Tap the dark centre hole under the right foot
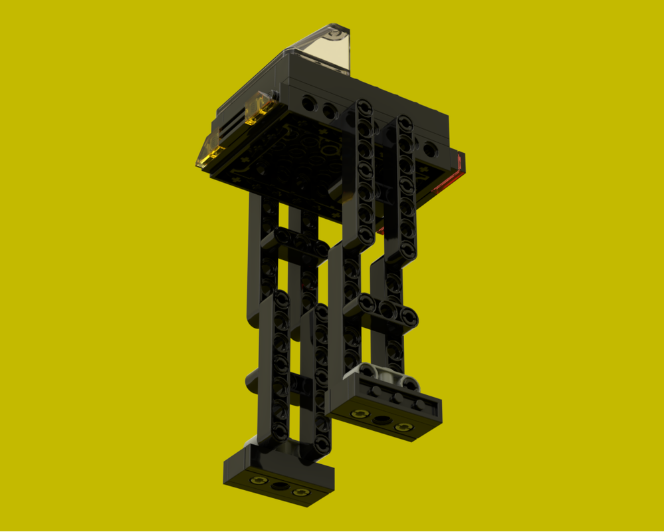[x=382, y=420]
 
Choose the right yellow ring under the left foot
[x=301, y=492]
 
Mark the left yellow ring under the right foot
[x=360, y=414]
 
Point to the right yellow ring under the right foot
[x=403, y=427]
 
